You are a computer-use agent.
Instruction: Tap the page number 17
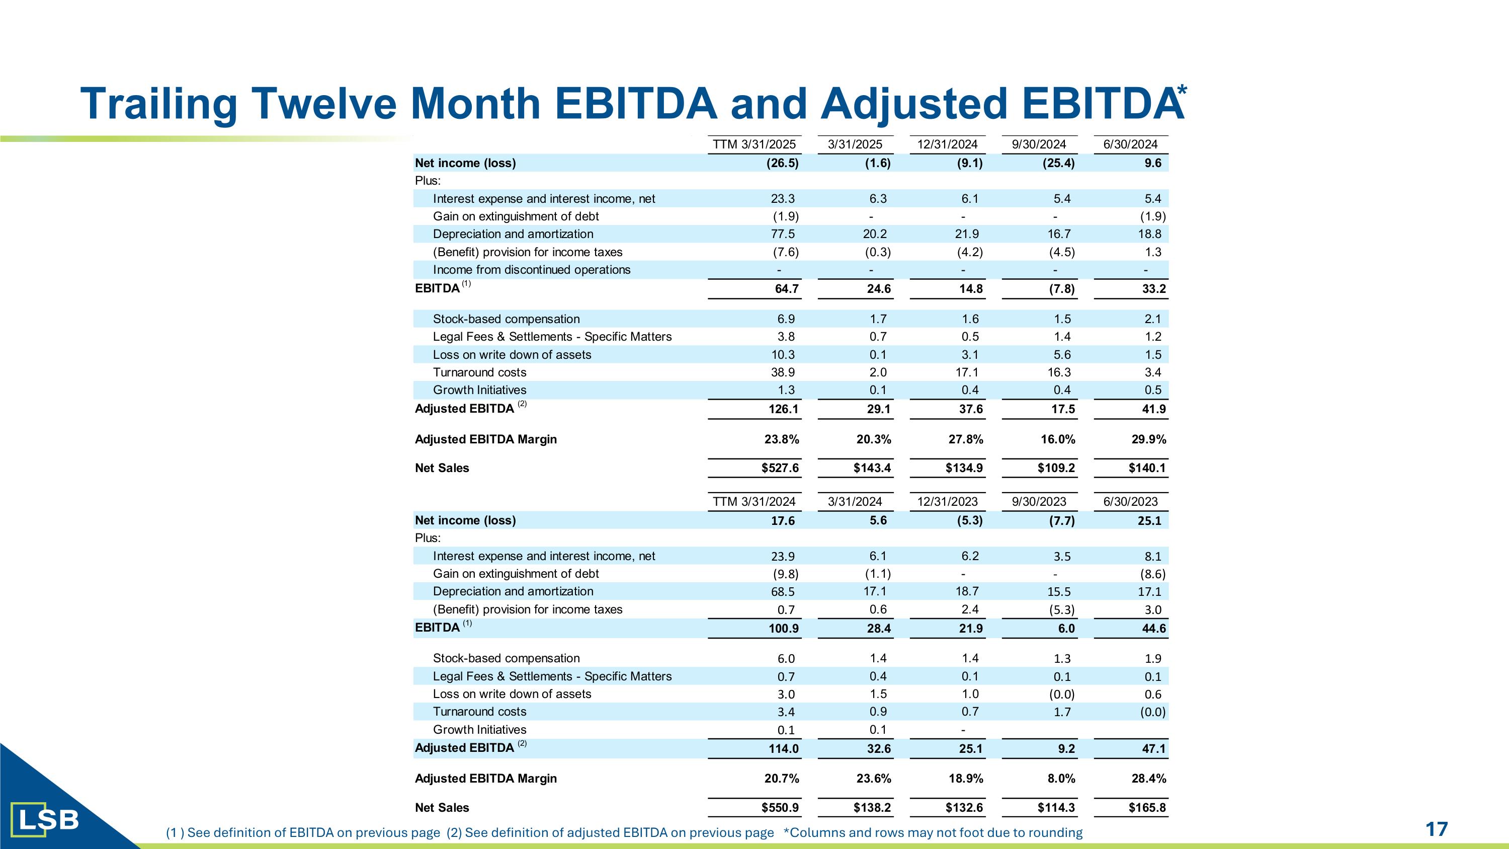click(1437, 829)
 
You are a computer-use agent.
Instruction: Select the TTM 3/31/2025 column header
click(754, 144)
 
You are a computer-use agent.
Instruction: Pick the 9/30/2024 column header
click(1039, 144)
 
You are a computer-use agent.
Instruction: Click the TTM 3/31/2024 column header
click(754, 502)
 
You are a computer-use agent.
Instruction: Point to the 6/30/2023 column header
click(1131, 502)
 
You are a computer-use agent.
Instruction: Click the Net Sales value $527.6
click(780, 468)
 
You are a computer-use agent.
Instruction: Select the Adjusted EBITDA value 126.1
click(783, 409)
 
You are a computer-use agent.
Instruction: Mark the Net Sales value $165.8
click(1147, 807)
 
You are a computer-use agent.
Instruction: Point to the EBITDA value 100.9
click(783, 629)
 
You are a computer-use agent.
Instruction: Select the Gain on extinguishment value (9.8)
click(786, 574)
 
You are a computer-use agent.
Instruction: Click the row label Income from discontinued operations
click(531, 270)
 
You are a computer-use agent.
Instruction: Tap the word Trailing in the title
click(159, 104)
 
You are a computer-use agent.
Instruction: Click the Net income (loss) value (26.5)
click(782, 163)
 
